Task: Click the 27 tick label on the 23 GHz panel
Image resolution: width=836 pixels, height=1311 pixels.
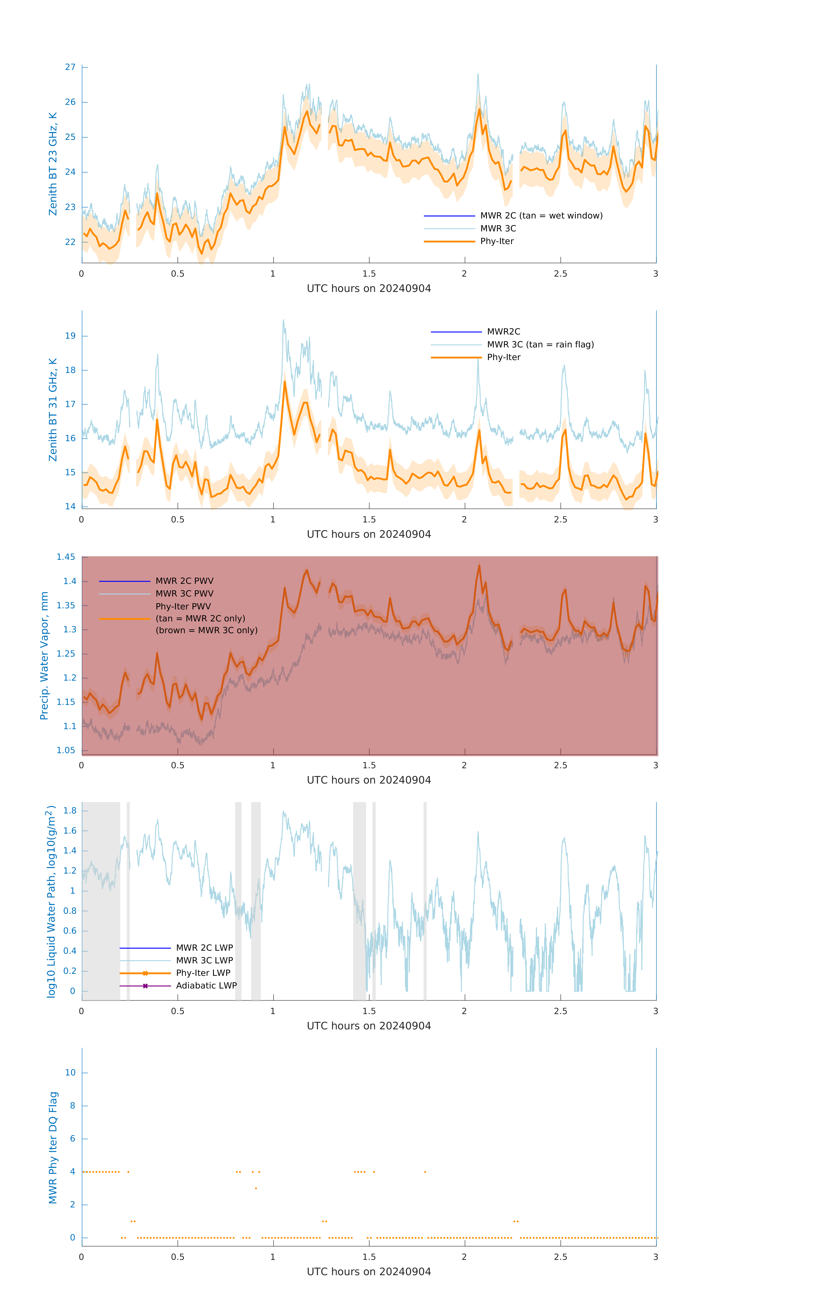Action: pyautogui.click(x=70, y=67)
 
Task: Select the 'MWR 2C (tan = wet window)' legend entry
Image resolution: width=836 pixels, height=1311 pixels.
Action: pyautogui.click(x=541, y=216)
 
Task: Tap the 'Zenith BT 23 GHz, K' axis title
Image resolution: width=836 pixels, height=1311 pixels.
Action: pyautogui.click(x=53, y=164)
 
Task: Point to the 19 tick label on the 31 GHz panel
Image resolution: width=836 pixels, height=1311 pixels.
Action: pyautogui.click(x=70, y=336)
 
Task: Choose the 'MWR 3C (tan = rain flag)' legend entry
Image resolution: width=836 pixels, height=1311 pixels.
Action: pyautogui.click(x=540, y=345)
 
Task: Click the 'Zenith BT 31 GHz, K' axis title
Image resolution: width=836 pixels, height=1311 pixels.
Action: pyautogui.click(x=53, y=409)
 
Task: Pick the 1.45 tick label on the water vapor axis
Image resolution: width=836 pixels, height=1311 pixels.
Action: pyautogui.click(x=66, y=557)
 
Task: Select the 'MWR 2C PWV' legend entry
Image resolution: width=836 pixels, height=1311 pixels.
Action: pyautogui.click(x=184, y=581)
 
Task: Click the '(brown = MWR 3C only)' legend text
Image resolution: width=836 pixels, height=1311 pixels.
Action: pyautogui.click(x=206, y=630)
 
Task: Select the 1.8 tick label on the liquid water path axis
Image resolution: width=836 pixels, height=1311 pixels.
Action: pyautogui.click(x=70, y=811)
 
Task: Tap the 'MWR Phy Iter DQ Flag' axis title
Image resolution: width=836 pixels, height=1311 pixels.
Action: pyautogui.click(x=53, y=1148)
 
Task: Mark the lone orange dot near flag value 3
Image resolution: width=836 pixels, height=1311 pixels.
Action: pyautogui.click(x=256, y=1188)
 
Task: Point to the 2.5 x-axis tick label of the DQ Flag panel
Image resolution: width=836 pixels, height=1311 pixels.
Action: pyautogui.click(x=560, y=1257)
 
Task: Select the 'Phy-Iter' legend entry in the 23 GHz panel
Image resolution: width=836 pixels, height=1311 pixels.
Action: pyautogui.click(x=497, y=241)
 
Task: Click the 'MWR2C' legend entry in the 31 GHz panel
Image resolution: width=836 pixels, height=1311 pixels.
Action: pyautogui.click(x=503, y=331)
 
